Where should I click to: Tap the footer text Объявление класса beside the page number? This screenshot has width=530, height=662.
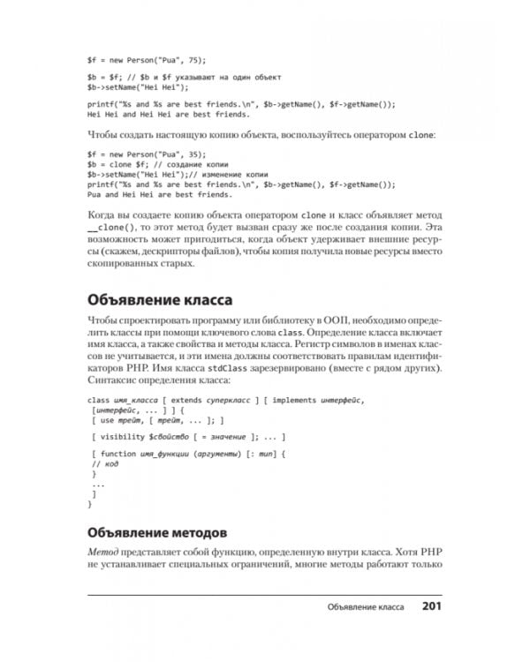coord(365,607)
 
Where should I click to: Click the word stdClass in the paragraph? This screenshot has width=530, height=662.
coord(260,366)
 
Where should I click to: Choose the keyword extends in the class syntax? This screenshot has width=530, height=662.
coord(190,400)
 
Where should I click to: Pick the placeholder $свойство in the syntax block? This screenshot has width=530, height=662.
coord(174,437)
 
